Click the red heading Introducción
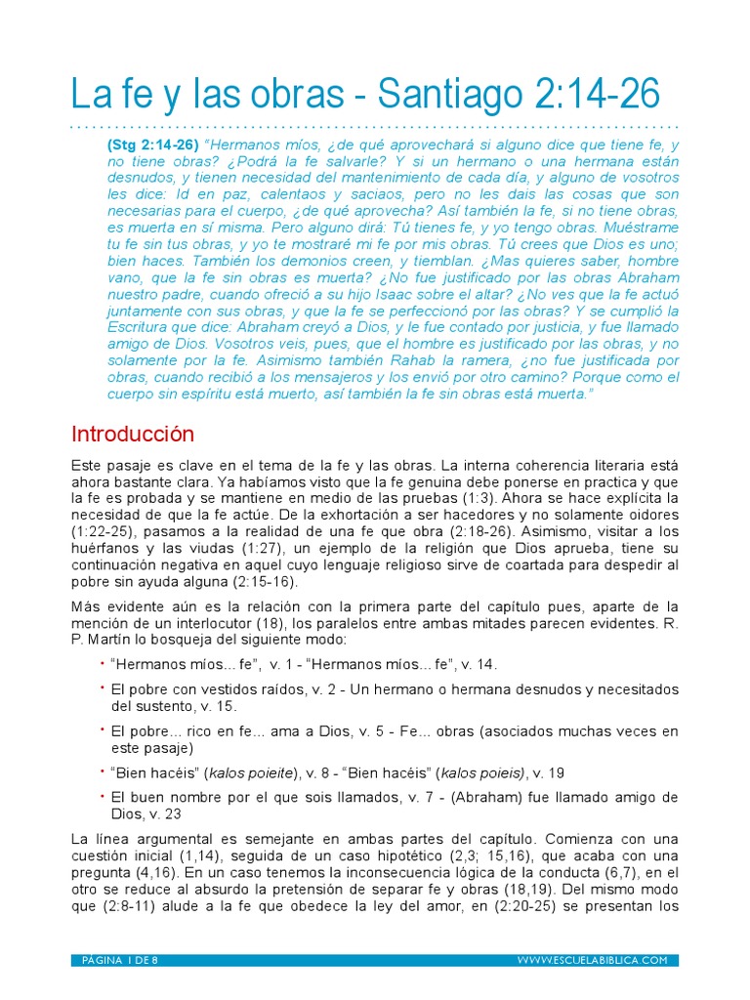click(x=133, y=434)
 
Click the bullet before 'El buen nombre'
click(x=102, y=795)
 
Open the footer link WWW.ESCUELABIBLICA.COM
click(x=592, y=960)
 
